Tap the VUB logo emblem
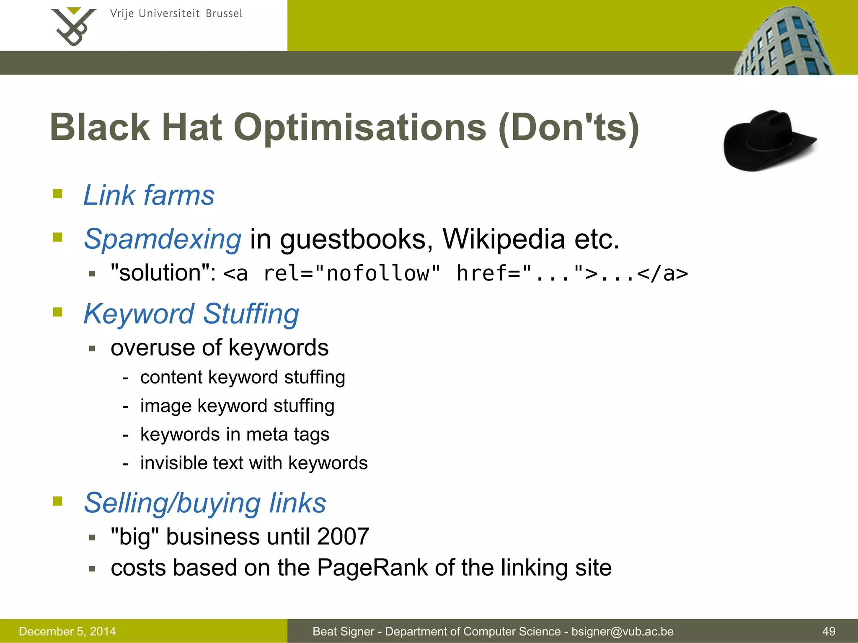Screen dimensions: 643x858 [x=73, y=26]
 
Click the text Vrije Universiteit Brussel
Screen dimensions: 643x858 [x=176, y=14]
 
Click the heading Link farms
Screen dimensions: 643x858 [x=149, y=195]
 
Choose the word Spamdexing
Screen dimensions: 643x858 [x=163, y=239]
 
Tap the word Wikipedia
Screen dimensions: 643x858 [x=504, y=239]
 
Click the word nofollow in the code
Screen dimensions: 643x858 [x=377, y=274]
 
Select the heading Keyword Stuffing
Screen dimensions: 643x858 [x=191, y=314]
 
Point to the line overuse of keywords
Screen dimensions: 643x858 [x=220, y=348]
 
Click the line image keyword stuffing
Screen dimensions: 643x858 [x=237, y=406]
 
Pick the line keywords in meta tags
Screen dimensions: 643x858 [x=235, y=435]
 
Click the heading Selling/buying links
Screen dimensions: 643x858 [x=205, y=503]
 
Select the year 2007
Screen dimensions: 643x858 [x=343, y=537]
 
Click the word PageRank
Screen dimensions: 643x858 [x=372, y=568]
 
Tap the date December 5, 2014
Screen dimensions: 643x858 [x=67, y=631]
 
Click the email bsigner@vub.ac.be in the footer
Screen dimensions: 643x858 [x=623, y=631]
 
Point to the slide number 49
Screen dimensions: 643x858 [x=829, y=631]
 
